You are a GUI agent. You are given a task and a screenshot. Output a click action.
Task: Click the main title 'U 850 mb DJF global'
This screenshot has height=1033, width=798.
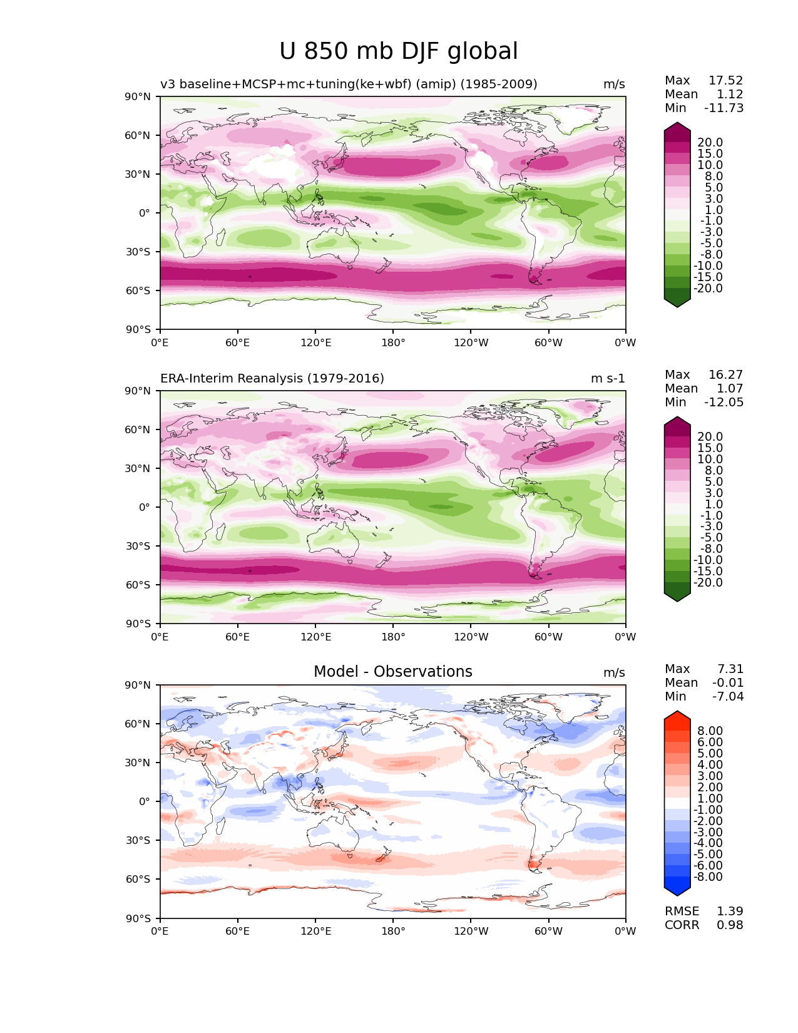coord(398,51)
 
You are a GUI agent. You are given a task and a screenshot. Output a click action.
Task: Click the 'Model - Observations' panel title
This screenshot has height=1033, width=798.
coord(392,671)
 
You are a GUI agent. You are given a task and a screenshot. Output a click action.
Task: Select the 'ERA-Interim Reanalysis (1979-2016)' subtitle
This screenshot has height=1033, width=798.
coord(272,378)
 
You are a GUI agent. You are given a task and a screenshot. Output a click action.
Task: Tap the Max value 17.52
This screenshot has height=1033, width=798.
coord(725,80)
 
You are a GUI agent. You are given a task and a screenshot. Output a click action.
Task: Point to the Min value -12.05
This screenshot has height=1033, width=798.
coord(724,402)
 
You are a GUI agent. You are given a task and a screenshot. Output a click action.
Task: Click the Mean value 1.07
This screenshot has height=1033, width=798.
coord(730,388)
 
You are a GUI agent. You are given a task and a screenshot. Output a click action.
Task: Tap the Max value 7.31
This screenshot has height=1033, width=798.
coord(730,669)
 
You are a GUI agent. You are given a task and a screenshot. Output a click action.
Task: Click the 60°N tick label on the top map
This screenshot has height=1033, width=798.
coord(137,135)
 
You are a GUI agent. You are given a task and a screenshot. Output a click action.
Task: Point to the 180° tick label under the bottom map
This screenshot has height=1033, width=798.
coord(393,931)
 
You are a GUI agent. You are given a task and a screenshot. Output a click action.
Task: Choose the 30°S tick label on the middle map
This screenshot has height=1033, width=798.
coord(138,546)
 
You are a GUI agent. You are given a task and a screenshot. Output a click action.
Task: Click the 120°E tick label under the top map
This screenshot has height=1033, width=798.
coord(315,342)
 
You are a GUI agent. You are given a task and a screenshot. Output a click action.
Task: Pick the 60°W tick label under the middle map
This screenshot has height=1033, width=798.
coord(548,637)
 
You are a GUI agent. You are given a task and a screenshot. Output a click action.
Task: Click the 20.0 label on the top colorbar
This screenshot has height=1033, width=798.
coord(710,142)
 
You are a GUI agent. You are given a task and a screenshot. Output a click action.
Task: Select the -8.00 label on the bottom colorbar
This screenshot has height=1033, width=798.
coord(708,876)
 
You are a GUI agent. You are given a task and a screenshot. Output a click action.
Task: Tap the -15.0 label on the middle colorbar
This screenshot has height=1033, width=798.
coord(708,571)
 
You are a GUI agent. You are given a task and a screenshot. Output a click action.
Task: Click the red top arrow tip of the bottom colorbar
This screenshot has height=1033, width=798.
coord(677,711)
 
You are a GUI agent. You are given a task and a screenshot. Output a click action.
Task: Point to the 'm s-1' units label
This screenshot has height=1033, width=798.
coord(607,378)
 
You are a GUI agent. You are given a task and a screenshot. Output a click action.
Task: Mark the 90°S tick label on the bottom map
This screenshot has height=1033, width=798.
coord(138,918)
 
